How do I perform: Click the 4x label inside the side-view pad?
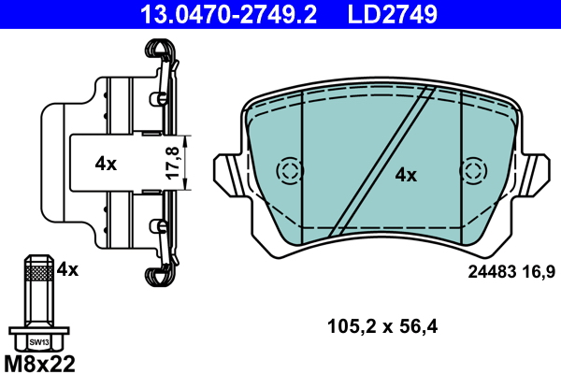106,164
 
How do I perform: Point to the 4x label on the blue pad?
405,174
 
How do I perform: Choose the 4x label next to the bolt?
67,269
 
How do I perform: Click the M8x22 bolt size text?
38,361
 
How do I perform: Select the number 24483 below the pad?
490,272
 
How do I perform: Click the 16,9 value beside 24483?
539,272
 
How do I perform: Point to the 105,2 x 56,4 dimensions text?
383,326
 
